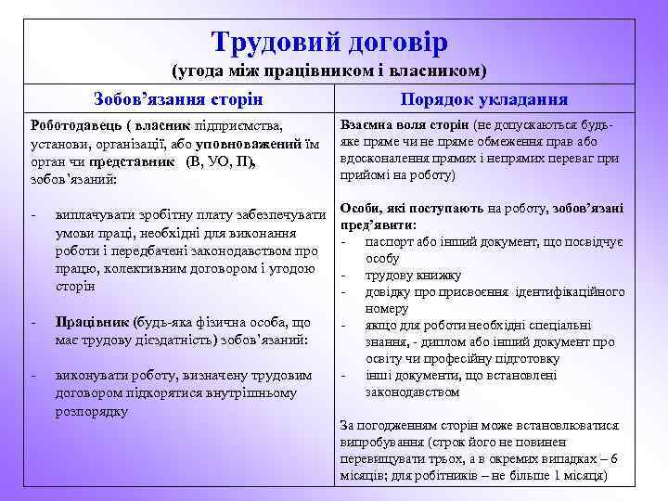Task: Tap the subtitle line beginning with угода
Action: tap(330, 71)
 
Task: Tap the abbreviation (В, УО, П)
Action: tap(220, 161)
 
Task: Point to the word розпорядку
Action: tap(92, 410)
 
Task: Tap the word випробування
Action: tap(382, 442)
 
